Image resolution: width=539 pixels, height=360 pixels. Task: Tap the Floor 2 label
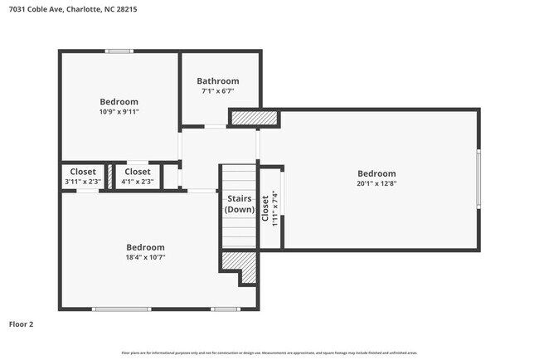tap(22, 324)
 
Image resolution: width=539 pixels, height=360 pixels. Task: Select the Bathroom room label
tap(217, 80)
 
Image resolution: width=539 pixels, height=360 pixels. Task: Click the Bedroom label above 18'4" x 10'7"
tap(145, 247)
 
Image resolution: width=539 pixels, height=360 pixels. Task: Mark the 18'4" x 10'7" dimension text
tap(145, 257)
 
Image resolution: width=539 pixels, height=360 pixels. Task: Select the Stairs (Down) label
tap(240, 205)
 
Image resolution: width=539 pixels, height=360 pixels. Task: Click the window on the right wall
tap(478, 179)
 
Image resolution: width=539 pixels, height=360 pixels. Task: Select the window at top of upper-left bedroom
tap(119, 51)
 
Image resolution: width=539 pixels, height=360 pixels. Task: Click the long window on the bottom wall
tap(123, 309)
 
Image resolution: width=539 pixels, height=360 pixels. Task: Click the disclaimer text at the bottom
tap(269, 353)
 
